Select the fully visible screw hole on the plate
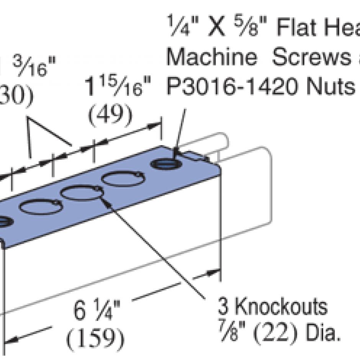[x=165, y=164]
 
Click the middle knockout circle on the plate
[x=81, y=193]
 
